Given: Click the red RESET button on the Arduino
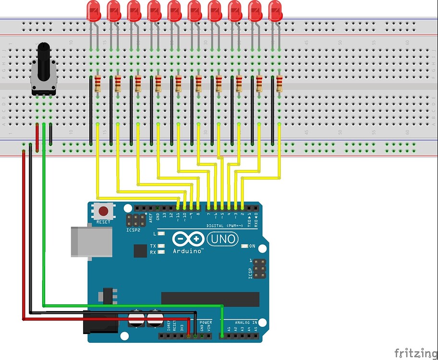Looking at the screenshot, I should (103, 211).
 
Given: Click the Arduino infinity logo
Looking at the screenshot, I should (188, 240).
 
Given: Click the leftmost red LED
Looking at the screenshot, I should (93, 10).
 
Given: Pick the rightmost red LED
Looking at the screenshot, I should (275, 10).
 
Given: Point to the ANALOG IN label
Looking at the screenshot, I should (245, 322).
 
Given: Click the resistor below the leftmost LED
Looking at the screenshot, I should (98, 84).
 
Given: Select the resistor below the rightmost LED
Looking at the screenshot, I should (280, 84).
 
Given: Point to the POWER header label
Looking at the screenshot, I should (206, 322).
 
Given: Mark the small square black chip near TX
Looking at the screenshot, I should (140, 251).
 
